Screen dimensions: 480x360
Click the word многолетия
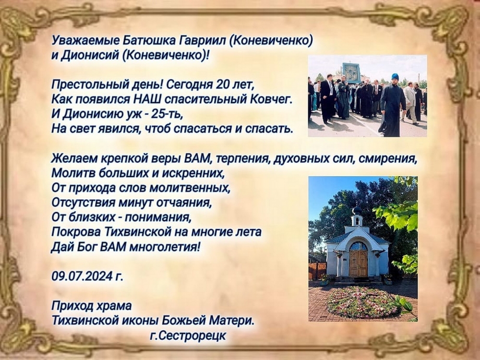(165, 246)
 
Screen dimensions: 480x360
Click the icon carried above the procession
(352, 72)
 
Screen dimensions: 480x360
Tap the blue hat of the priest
(395, 76)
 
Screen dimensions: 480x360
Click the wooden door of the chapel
(359, 263)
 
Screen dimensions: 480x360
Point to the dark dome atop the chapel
(357, 211)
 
